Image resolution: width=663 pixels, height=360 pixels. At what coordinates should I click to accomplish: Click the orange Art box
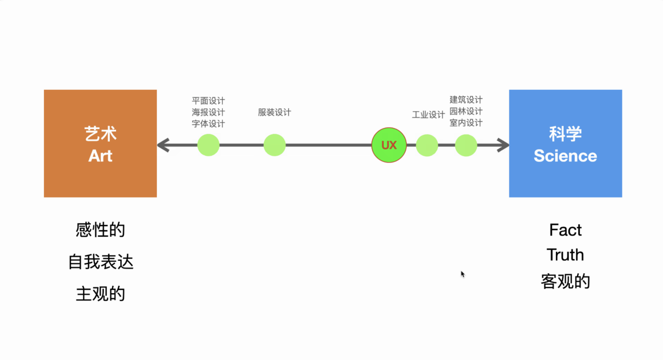[100, 143]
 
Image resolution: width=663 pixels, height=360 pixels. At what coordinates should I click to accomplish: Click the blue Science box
[565, 143]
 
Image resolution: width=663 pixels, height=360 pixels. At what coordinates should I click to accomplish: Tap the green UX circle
[389, 145]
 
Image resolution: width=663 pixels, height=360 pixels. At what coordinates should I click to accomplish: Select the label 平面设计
[208, 101]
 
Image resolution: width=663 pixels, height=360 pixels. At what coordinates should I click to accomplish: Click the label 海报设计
[208, 112]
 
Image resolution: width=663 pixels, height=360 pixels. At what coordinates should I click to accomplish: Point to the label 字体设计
[208, 124]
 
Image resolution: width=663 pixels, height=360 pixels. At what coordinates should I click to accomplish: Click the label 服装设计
[274, 112]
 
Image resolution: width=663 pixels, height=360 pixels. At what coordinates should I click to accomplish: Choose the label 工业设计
[428, 114]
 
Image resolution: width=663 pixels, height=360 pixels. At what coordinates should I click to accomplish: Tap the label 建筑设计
[466, 99]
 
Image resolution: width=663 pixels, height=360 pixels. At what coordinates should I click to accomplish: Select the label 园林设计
[466, 111]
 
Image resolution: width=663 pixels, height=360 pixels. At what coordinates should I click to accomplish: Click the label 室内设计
[466, 123]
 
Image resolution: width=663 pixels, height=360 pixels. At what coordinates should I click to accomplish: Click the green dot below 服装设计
[275, 145]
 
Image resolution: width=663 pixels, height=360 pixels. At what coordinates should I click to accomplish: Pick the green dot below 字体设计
[208, 145]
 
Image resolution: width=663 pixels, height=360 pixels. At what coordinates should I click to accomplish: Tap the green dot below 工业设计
[427, 145]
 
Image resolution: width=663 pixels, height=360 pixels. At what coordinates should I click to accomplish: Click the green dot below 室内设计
[466, 145]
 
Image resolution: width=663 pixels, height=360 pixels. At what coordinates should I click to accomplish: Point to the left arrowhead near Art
[163, 145]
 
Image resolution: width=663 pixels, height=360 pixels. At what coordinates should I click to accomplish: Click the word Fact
[565, 230]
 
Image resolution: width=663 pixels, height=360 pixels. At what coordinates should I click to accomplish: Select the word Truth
[565, 255]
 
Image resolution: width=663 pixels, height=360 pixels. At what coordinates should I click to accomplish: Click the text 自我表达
[100, 262]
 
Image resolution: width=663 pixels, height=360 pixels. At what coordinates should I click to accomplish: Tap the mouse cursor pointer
[463, 274]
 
